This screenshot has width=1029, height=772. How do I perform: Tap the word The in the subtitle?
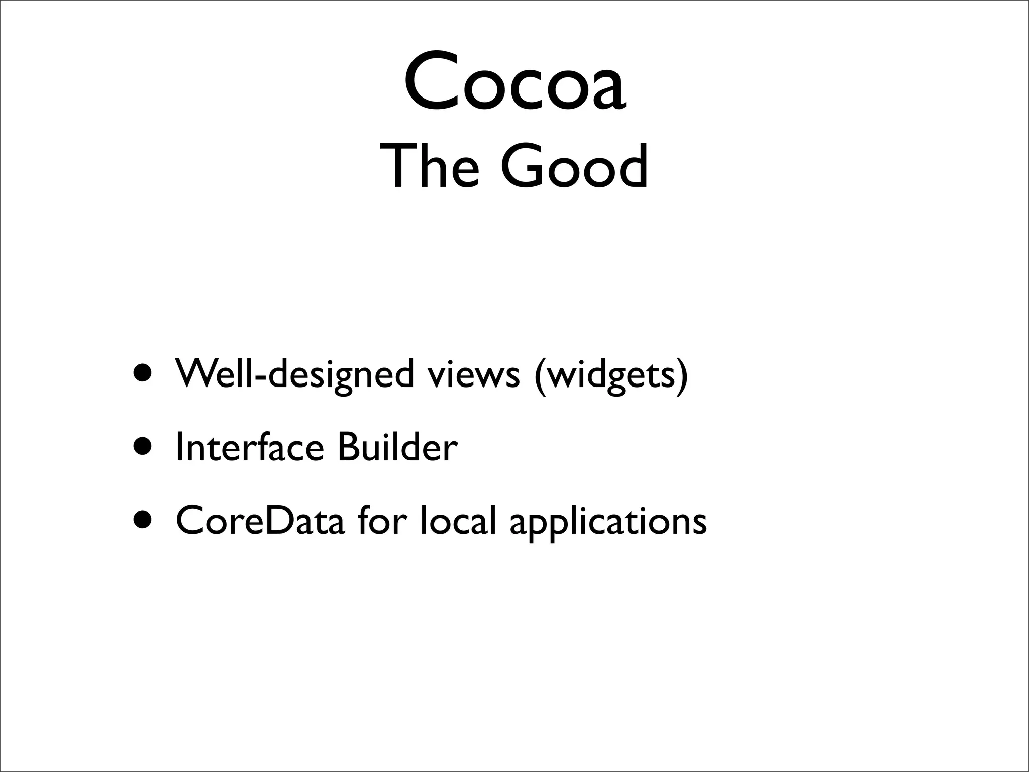tap(430, 166)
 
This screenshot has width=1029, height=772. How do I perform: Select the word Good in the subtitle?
tap(574, 166)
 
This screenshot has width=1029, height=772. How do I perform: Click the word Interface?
tap(250, 447)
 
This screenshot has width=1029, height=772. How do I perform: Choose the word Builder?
tap(397, 447)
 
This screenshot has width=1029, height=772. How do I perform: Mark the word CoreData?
tap(260, 521)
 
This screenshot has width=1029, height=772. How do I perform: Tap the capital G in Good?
tap(523, 166)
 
